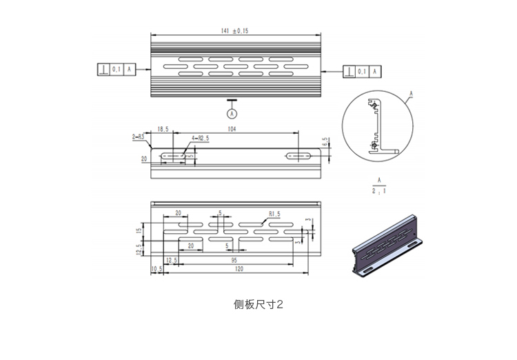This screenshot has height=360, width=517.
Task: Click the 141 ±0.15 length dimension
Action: click(x=235, y=31)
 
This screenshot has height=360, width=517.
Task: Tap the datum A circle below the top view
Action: click(x=232, y=112)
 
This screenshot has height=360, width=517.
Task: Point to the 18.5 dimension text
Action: click(x=163, y=129)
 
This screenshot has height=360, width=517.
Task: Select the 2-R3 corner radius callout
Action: click(x=138, y=137)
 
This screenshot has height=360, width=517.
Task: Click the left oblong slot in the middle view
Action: click(x=174, y=157)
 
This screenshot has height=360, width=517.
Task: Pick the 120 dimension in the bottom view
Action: click(x=239, y=269)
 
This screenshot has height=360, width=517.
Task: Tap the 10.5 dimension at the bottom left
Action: click(x=155, y=269)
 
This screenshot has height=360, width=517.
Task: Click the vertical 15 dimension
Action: click(x=138, y=230)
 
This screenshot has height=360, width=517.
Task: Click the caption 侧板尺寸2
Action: click(x=258, y=303)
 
